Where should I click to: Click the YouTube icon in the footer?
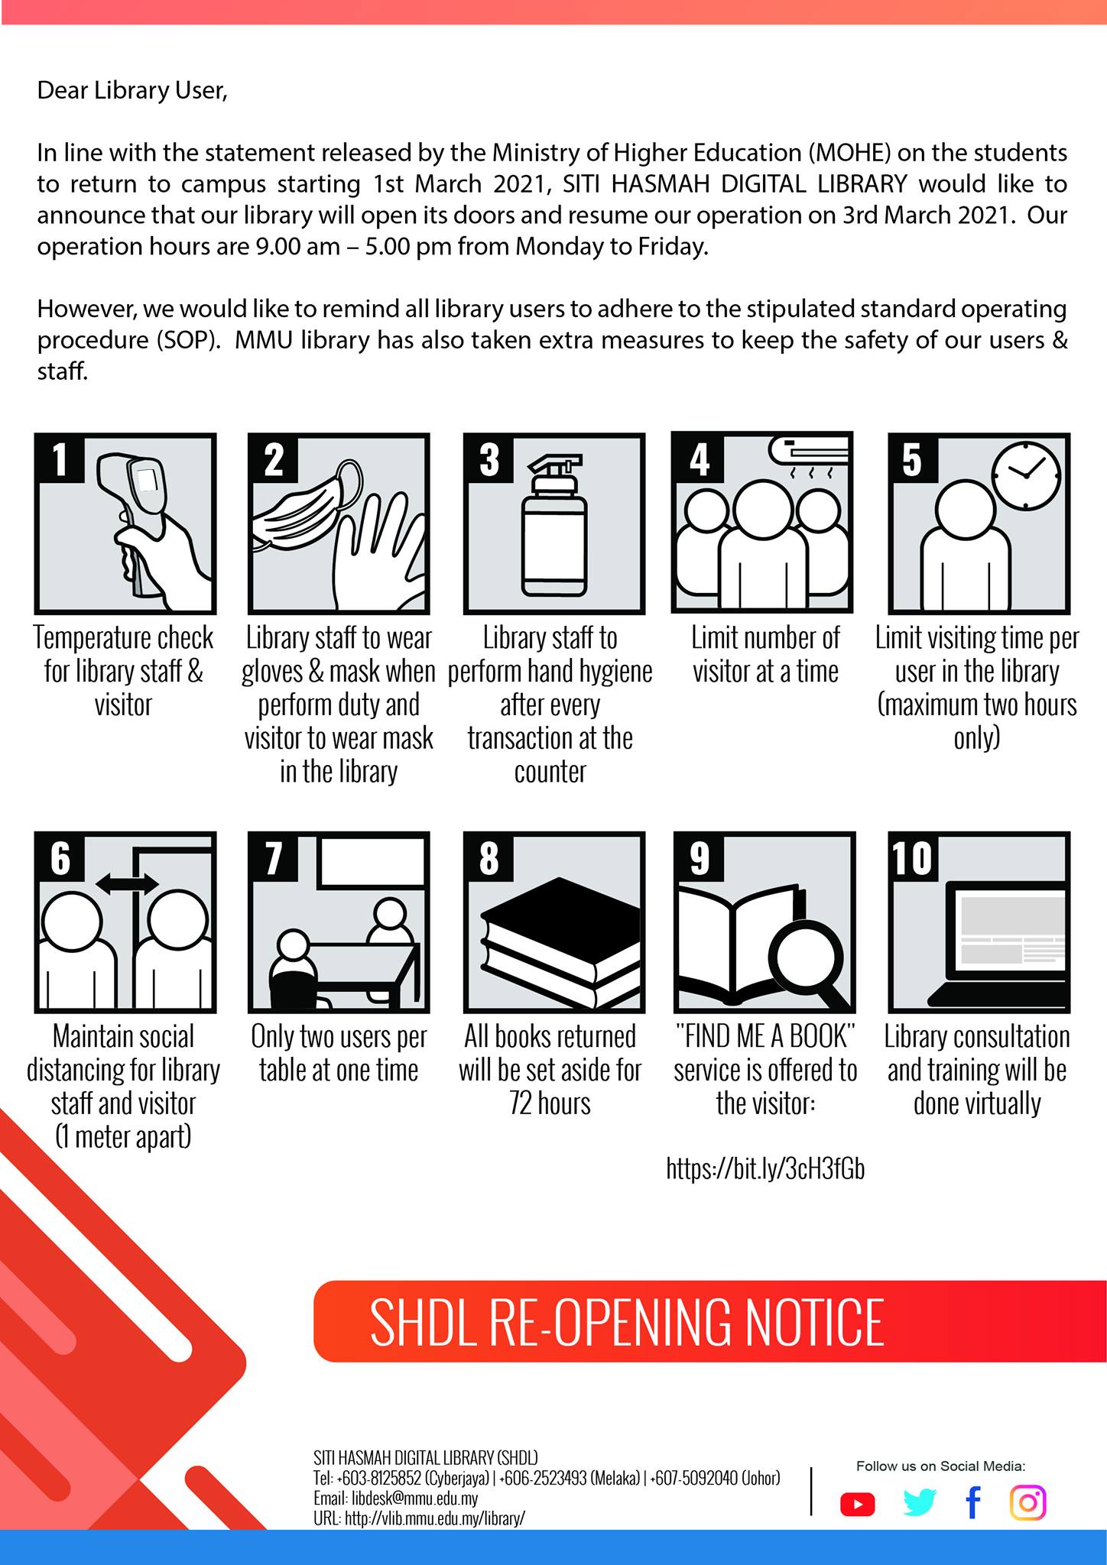857,1504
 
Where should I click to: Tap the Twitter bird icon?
919,1502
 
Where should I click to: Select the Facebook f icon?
972,1502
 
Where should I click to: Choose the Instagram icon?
1028,1502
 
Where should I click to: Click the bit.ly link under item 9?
765,1169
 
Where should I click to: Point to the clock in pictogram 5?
1026,476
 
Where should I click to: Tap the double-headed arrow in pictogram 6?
127,884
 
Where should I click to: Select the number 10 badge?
913,857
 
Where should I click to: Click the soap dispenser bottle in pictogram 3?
554,525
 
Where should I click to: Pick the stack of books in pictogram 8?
560,941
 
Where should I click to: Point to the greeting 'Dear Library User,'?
132,91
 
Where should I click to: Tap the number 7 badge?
273,857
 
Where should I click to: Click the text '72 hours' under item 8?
550,1103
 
